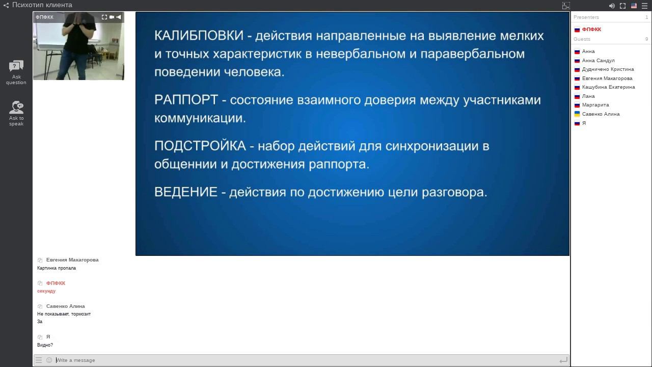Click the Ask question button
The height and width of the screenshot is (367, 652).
[x=16, y=72]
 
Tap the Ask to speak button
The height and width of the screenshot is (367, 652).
[x=16, y=113]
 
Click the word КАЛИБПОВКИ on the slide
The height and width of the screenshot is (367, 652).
[x=199, y=36]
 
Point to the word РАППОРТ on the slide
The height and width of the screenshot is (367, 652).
[x=186, y=99]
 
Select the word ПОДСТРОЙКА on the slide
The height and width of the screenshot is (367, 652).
[x=200, y=146]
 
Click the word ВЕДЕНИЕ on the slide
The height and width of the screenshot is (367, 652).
[x=186, y=192]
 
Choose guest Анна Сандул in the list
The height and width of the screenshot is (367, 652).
[x=598, y=60]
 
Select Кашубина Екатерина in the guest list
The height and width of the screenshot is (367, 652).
[x=608, y=87]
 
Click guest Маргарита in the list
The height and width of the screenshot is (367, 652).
[x=595, y=105]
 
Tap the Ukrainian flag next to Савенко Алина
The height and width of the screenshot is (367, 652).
[x=577, y=114]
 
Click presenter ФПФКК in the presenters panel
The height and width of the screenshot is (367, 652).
[x=591, y=30]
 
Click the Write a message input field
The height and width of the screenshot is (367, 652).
[x=306, y=360]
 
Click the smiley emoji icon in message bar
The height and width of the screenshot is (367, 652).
[x=49, y=360]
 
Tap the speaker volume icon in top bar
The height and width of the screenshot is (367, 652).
[x=612, y=6]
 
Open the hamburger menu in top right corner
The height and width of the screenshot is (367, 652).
[x=645, y=6]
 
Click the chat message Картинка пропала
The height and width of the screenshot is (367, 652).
[x=57, y=268]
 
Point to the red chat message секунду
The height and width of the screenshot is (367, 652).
[x=46, y=291]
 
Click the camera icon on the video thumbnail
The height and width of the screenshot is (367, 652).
[x=112, y=17]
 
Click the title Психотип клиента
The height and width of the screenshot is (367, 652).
[x=42, y=5]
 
